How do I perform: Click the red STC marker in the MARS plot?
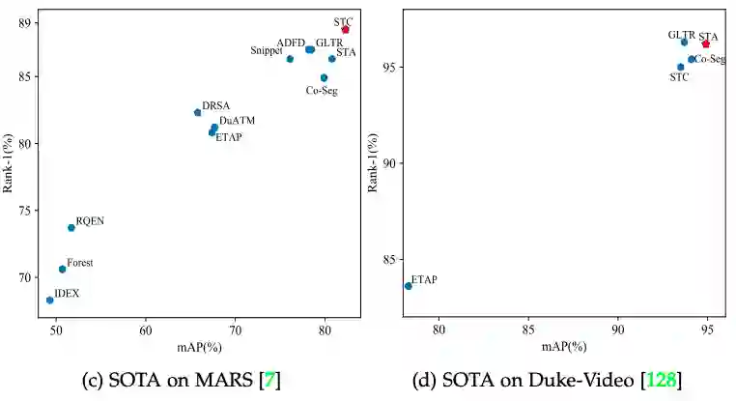(x=345, y=30)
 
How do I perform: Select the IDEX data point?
(x=50, y=301)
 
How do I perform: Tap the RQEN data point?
(x=71, y=228)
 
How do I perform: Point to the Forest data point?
(x=63, y=270)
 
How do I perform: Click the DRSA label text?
(x=215, y=105)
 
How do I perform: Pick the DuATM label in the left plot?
(x=237, y=122)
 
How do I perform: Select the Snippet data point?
(x=290, y=59)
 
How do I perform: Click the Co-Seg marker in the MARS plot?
(x=325, y=78)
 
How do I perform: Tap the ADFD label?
(x=291, y=43)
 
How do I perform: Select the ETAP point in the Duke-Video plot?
(x=409, y=286)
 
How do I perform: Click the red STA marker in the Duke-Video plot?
(x=706, y=43)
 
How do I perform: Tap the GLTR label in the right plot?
(x=681, y=35)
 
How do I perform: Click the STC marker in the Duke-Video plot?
(x=681, y=68)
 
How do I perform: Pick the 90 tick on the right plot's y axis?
(x=391, y=163)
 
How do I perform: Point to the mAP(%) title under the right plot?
(x=564, y=346)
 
